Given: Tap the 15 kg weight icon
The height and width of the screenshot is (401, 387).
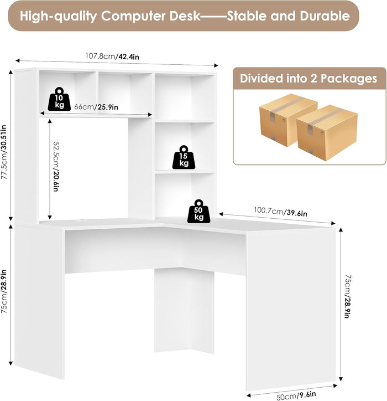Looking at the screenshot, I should pos(184,157).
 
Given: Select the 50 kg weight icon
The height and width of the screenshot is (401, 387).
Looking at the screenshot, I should pos(198,210).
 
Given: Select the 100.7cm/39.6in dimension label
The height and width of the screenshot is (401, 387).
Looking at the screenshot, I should pos(281,211).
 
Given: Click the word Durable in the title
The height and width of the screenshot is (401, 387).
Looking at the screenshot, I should pos(325,16).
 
